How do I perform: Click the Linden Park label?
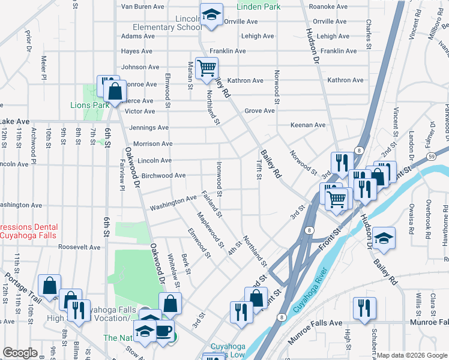click(x=259, y=7)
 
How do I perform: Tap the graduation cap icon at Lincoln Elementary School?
click(x=211, y=14)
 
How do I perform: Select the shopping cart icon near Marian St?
click(x=206, y=68)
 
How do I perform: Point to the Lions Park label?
click(x=88, y=105)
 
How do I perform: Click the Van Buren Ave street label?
click(x=142, y=7)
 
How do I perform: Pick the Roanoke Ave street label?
click(x=328, y=7)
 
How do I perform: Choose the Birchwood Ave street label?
click(x=163, y=175)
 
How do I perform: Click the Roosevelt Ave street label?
click(x=79, y=247)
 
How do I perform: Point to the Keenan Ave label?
click(x=307, y=125)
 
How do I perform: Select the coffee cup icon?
click(x=163, y=331)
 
